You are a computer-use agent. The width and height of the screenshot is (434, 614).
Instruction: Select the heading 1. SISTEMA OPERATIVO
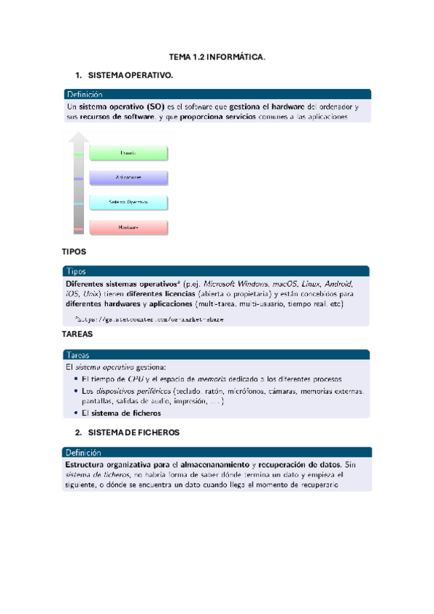(x=130, y=75)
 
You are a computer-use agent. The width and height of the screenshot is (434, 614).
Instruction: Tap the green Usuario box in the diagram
(x=128, y=153)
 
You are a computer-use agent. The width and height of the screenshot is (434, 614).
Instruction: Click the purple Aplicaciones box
(x=128, y=177)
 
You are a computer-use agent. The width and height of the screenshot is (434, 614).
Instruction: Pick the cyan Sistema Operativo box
(x=128, y=202)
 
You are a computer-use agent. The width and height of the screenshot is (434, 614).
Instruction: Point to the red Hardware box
(x=128, y=227)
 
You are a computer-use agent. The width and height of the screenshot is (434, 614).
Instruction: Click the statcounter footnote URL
(x=151, y=319)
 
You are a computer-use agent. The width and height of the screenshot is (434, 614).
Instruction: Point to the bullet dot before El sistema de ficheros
(x=76, y=413)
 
